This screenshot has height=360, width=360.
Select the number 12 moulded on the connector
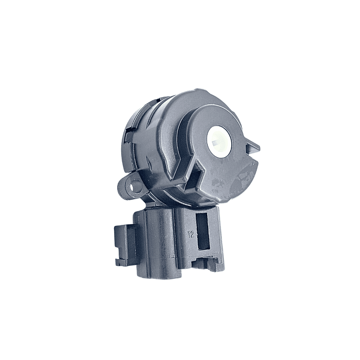190,233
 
